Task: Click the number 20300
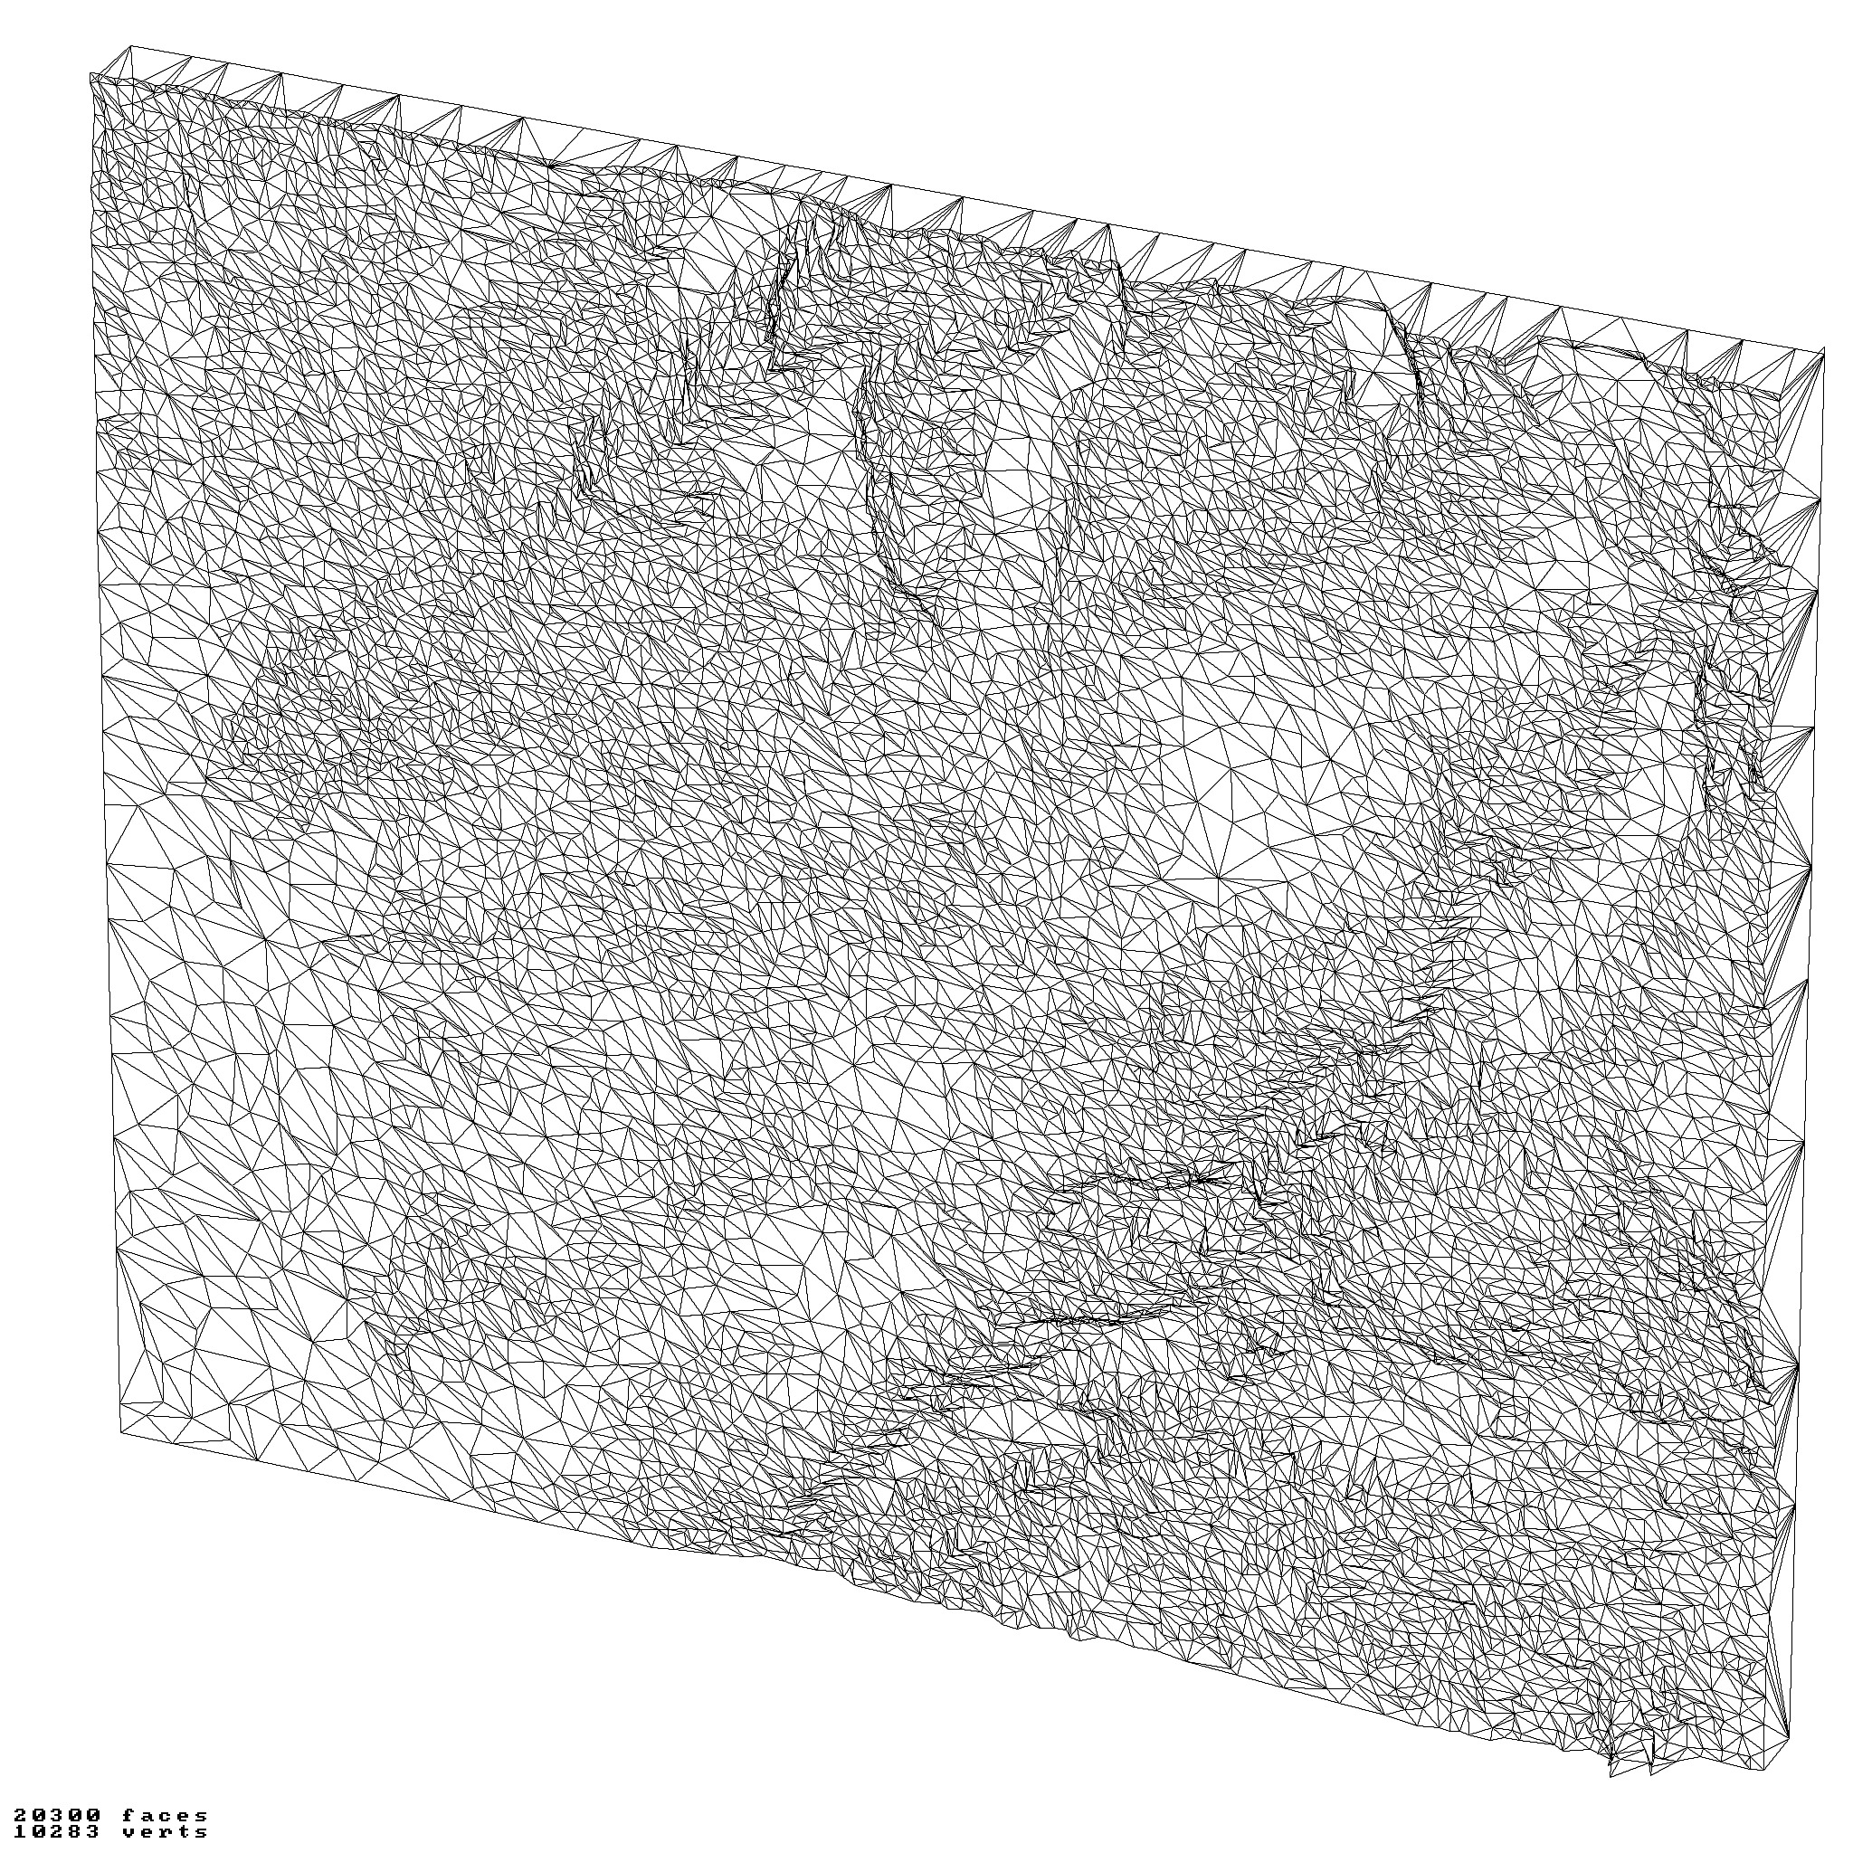58,1817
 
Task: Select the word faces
165,1817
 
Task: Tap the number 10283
58,1833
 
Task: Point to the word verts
165,1833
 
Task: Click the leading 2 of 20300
20,1817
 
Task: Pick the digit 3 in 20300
58,1817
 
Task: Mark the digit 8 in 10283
75,1833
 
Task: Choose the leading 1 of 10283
20,1833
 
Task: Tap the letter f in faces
129,1817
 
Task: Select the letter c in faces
165,1817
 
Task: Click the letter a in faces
147,1817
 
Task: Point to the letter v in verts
129,1833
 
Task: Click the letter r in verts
165,1833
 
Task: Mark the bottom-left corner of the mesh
121,1434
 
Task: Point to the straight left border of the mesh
106,767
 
